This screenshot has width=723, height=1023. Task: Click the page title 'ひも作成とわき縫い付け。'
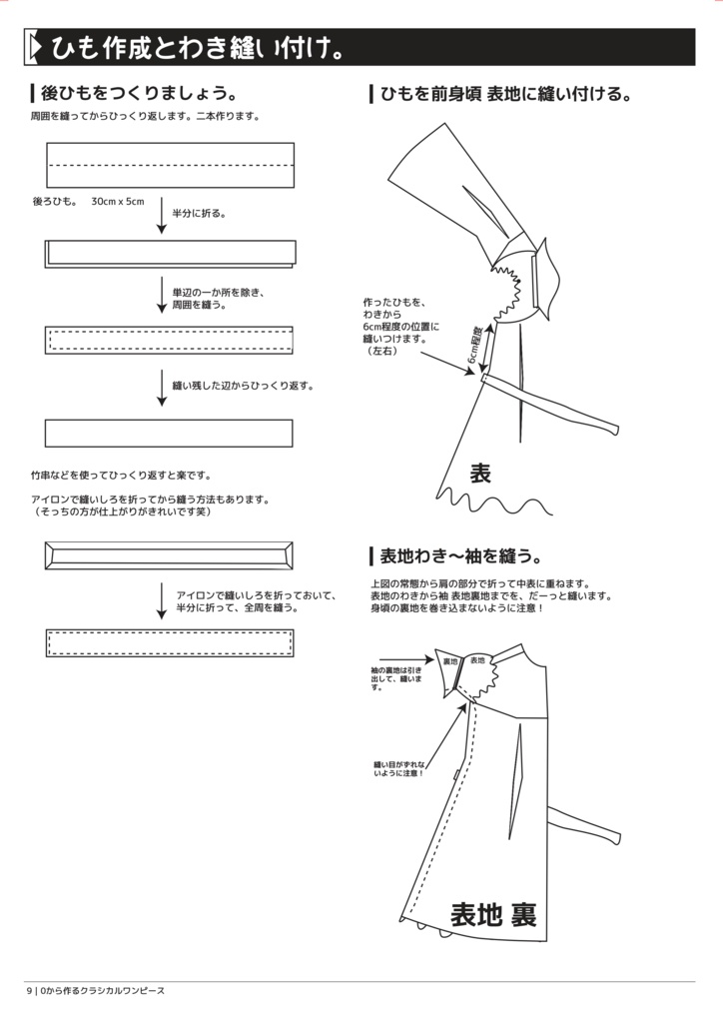tap(200, 47)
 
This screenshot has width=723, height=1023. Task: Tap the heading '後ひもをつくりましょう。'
tap(138, 95)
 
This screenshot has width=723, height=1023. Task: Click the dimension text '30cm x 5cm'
tap(118, 202)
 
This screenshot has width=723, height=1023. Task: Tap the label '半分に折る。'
tap(199, 213)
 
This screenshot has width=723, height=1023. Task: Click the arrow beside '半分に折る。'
tap(162, 216)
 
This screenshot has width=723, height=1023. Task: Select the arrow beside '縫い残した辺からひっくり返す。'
tap(162, 388)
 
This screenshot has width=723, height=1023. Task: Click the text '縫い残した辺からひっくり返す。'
tap(244, 385)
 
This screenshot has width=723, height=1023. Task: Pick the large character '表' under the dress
tap(480, 474)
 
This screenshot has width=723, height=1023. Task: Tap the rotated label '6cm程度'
tap(475, 344)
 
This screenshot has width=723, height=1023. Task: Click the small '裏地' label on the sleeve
tap(449, 660)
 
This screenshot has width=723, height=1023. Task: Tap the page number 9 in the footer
tap(29, 990)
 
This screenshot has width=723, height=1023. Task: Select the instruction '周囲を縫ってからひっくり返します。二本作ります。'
tap(146, 117)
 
